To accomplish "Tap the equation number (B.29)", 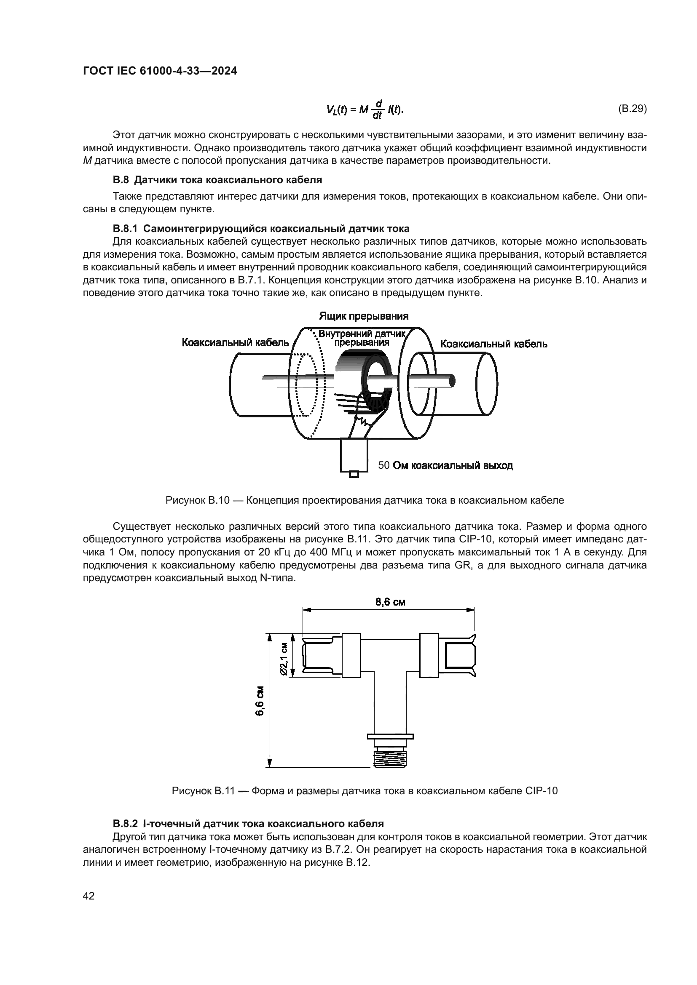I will click(x=632, y=109).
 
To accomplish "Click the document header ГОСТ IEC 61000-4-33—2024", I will click(x=160, y=71).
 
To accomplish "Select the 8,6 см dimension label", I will click(x=390, y=602).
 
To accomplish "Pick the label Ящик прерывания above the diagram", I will click(x=364, y=316).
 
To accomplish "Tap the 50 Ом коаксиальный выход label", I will click(x=445, y=465).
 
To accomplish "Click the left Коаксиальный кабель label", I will click(x=235, y=343).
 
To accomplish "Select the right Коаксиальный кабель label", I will click(x=494, y=344).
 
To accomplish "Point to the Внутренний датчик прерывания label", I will click(x=362, y=338).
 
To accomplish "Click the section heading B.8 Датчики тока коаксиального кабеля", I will click(x=217, y=179).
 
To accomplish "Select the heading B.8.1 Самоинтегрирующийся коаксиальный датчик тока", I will click(x=261, y=229).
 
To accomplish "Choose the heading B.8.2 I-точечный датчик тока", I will click(x=248, y=824).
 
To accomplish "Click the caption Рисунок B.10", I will click(x=365, y=500).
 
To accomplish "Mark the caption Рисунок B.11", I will click(x=365, y=791).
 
